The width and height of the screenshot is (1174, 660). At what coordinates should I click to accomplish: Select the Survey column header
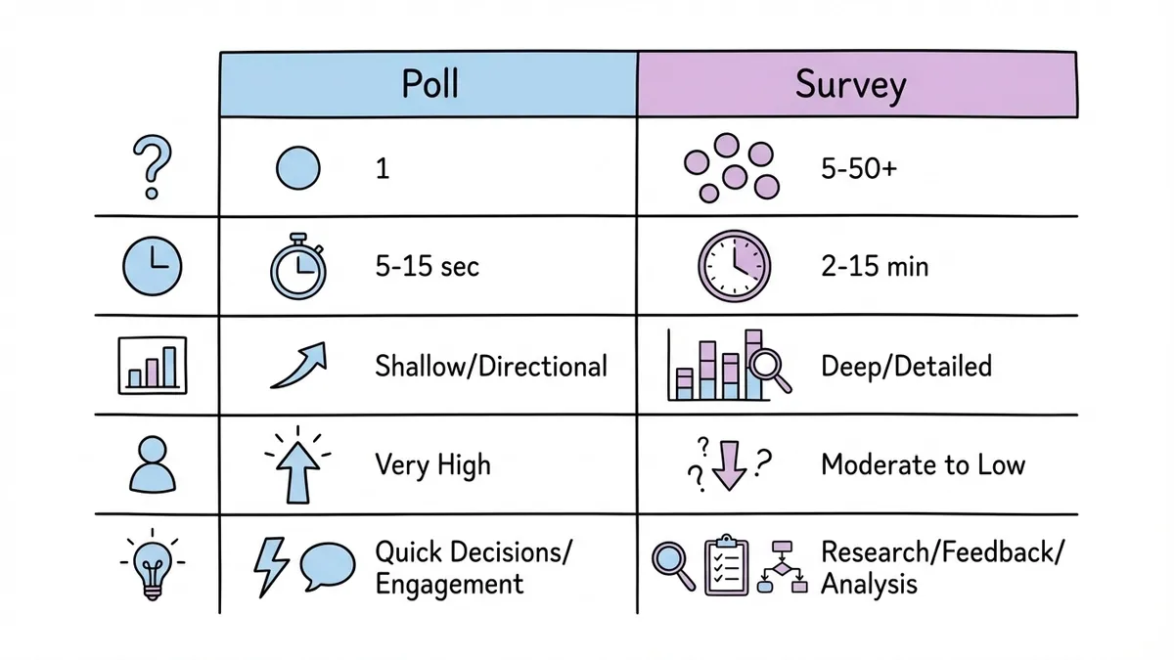tap(850, 85)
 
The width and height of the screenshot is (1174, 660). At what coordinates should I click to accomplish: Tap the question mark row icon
tap(152, 168)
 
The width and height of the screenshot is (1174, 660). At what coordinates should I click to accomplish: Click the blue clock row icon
tap(152, 265)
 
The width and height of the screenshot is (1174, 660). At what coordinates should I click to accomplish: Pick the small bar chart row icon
tap(152, 367)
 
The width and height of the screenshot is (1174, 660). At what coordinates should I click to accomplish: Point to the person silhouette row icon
tap(152, 463)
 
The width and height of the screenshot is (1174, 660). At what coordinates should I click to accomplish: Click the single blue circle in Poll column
tap(298, 168)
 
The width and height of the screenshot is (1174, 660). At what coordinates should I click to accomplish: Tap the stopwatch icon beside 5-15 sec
tap(297, 265)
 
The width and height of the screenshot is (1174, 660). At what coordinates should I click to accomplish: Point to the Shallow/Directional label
tap(491, 367)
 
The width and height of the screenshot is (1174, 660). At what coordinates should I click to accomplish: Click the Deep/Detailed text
tap(906, 367)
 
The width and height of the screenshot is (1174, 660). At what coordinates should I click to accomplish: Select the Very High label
tap(432, 464)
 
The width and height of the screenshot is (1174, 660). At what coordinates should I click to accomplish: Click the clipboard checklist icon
tap(726, 564)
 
